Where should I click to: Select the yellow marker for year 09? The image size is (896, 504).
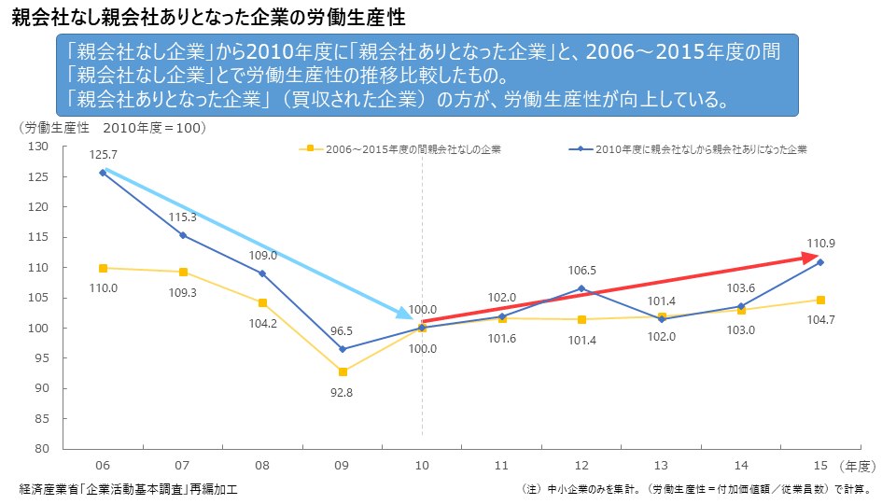(x=343, y=371)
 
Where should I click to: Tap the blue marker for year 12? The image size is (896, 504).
(x=581, y=288)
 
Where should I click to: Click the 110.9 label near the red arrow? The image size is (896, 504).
(x=821, y=244)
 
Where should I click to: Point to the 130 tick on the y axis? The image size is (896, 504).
(x=38, y=147)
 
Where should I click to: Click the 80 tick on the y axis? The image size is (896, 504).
(x=41, y=448)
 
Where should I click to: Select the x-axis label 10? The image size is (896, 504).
(x=422, y=465)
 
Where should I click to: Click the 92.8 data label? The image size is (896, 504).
(x=342, y=393)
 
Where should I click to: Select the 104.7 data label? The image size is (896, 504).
(x=821, y=318)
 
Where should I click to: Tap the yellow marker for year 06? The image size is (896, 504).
(x=103, y=269)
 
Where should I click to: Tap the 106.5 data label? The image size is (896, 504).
(x=581, y=270)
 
